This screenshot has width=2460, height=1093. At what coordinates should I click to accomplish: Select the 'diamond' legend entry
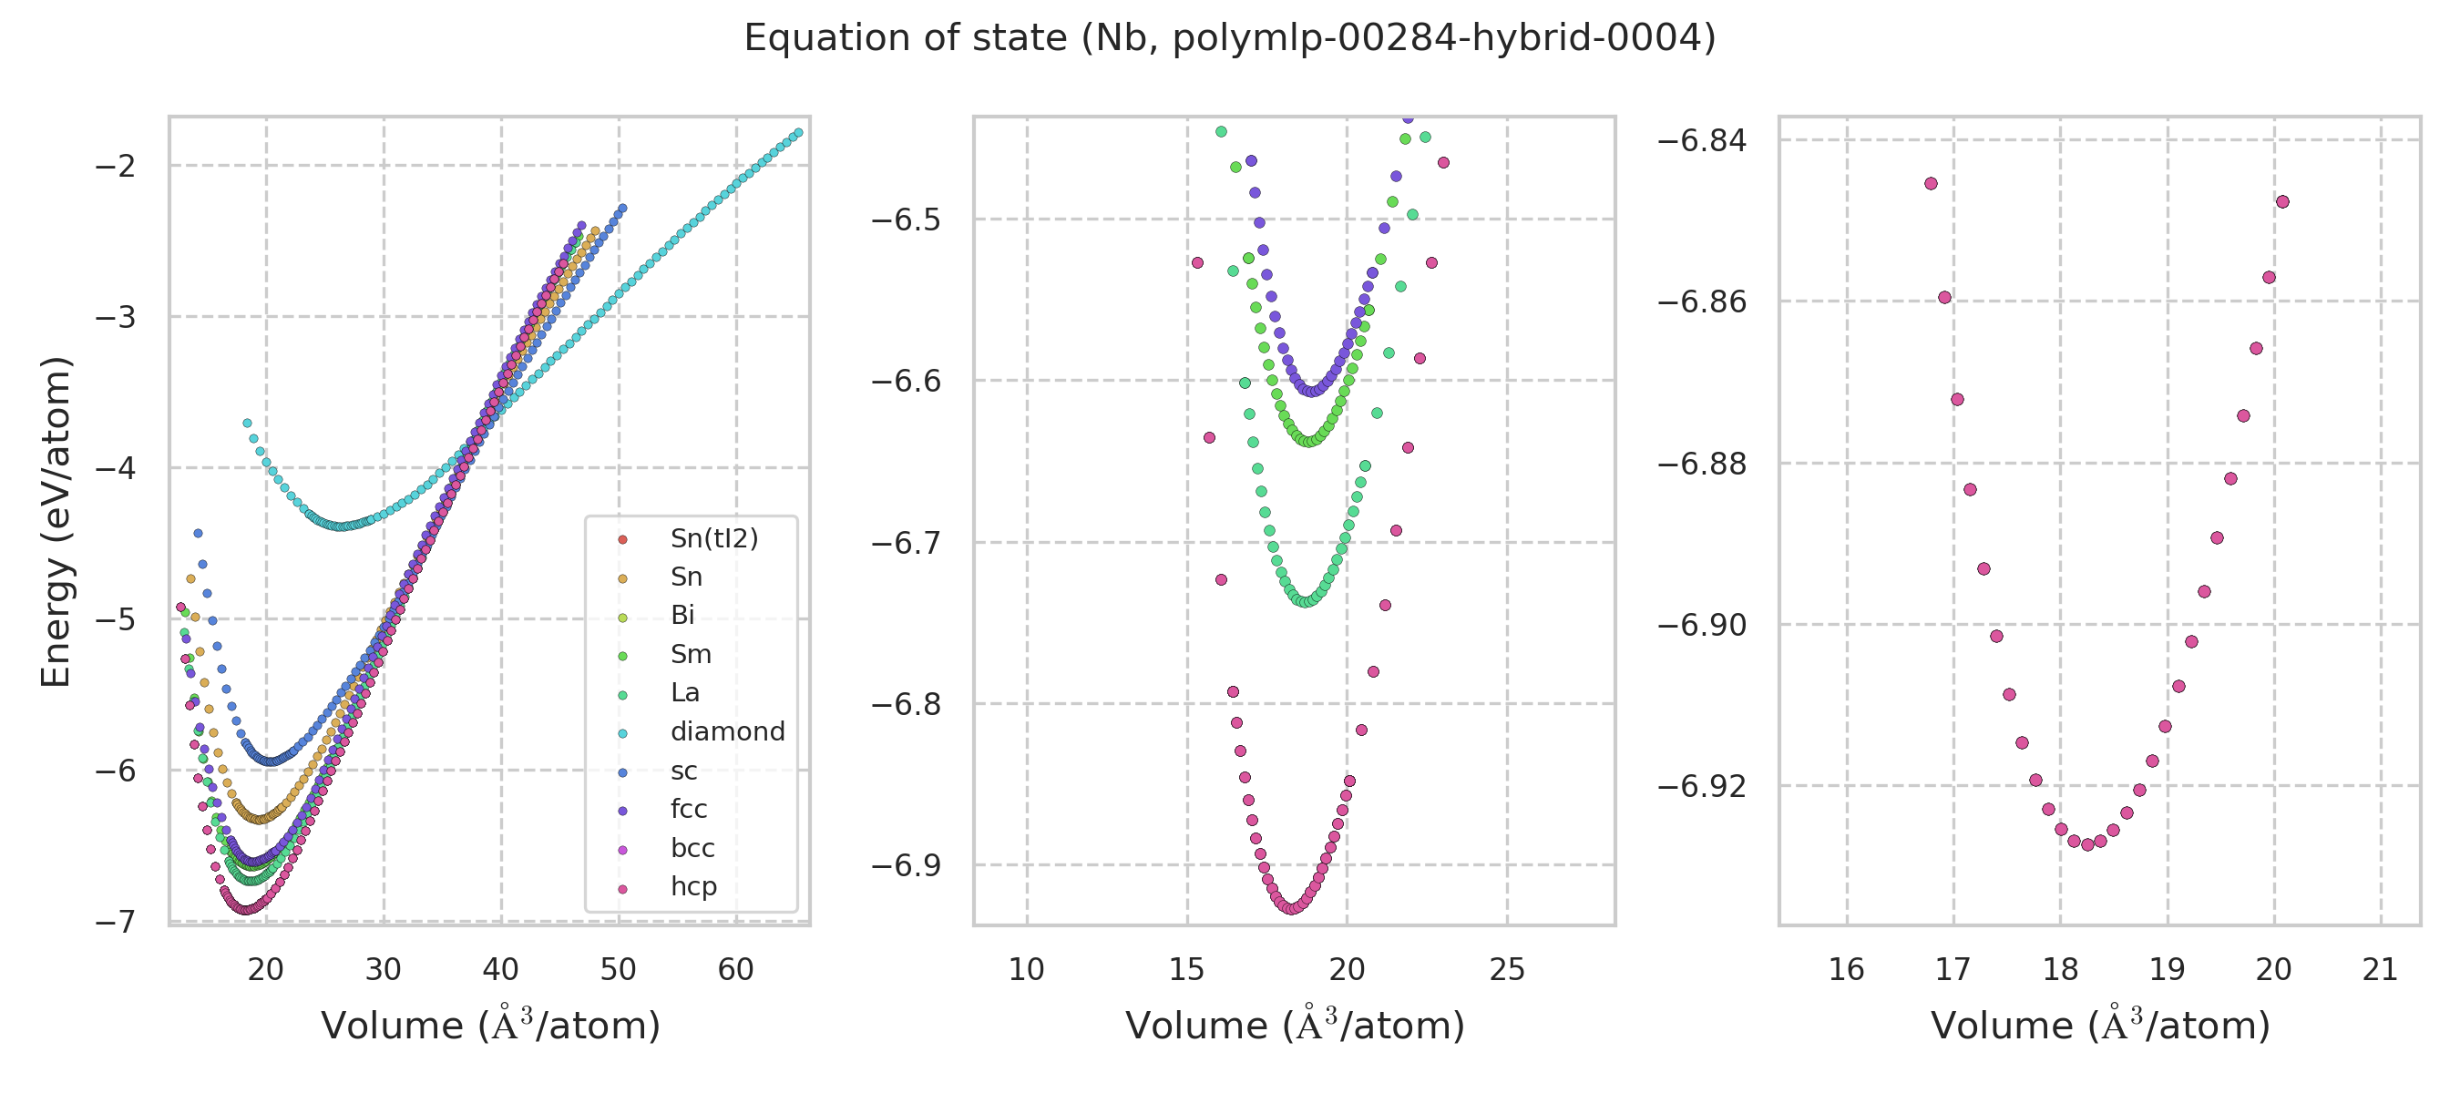tap(727, 732)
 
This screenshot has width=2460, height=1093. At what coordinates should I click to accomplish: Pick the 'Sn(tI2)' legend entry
tap(714, 538)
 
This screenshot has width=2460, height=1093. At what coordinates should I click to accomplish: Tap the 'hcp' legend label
tap(693, 887)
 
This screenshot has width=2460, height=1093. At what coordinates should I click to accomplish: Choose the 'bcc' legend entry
tap(692, 849)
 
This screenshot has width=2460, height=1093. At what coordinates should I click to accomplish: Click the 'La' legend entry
tap(685, 693)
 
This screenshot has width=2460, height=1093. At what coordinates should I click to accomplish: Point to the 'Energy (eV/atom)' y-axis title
tap(56, 521)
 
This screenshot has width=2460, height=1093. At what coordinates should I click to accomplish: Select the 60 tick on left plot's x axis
tap(735, 970)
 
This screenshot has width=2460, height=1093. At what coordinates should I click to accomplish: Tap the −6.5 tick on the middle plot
tap(906, 220)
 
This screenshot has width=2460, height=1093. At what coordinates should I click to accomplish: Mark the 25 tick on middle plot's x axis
tap(1507, 970)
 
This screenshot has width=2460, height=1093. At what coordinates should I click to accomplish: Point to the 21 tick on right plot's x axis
tap(2381, 970)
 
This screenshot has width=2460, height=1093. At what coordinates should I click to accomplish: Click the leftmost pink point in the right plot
tap(1931, 183)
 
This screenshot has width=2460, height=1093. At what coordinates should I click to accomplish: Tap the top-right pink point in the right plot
tap(2282, 201)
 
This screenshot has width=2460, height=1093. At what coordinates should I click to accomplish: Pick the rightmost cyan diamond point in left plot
tap(798, 133)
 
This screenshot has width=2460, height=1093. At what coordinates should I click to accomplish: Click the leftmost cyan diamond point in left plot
tap(247, 423)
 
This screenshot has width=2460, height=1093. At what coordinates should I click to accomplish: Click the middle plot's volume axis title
tap(1295, 1026)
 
